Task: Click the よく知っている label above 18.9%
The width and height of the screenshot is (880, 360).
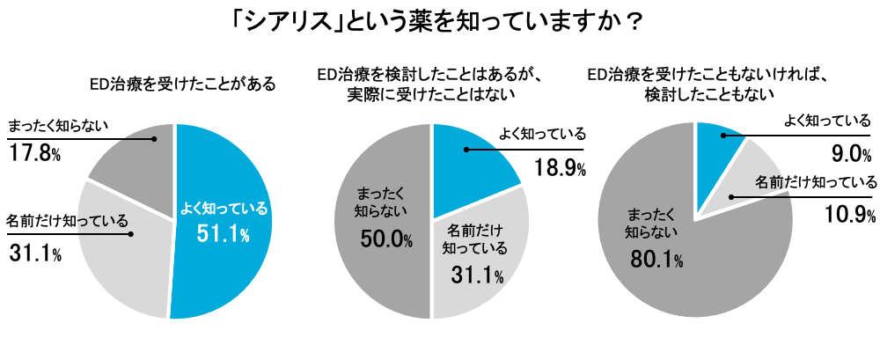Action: point(542,135)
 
